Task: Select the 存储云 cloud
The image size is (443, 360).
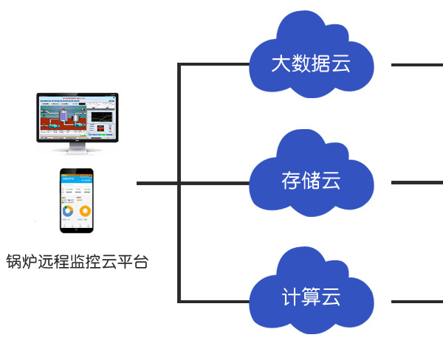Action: [310, 177]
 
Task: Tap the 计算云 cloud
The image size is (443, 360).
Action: [310, 295]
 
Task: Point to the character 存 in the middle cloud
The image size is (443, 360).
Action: [290, 180]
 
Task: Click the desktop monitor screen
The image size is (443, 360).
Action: [78, 117]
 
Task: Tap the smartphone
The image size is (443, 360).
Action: [78, 200]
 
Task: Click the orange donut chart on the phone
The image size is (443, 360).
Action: [86, 211]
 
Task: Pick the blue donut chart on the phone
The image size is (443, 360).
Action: [68, 211]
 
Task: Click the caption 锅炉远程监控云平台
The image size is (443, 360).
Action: [77, 262]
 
